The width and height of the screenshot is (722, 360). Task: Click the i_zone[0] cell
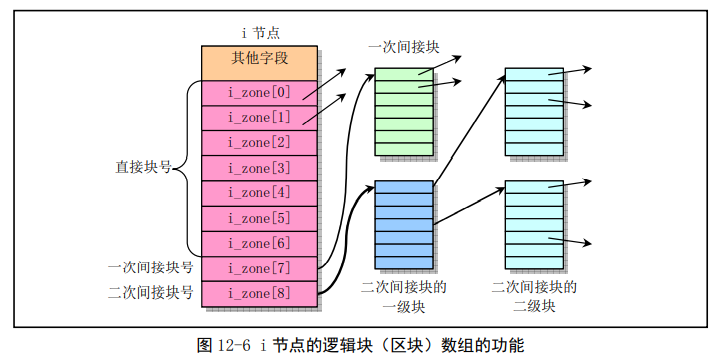[259, 93]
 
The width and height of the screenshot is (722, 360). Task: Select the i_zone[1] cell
[259, 118]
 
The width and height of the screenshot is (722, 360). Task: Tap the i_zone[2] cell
[259, 143]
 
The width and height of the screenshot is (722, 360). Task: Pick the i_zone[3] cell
[259, 168]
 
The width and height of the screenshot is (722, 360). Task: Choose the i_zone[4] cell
[259, 193]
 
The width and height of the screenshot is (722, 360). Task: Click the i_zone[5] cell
[259, 218]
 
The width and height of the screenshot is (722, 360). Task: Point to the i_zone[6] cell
[259, 243]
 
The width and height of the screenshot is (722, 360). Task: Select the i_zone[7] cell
[259, 268]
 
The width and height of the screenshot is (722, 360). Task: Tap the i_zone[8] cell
[259, 293]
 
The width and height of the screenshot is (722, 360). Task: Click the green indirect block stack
[404, 112]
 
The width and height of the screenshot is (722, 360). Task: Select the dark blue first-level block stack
[404, 224]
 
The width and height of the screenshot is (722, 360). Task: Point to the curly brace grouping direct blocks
[186, 169]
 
